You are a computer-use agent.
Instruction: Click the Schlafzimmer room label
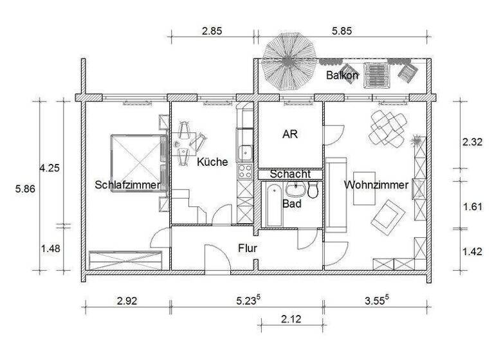point(127,184)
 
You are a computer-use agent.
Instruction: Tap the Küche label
point(212,162)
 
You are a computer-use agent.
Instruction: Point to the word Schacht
point(290,174)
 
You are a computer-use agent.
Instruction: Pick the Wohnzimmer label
point(376,184)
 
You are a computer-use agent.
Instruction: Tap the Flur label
point(248,248)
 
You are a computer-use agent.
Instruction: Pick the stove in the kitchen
point(245,171)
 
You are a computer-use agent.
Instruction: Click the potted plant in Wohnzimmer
point(417,140)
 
